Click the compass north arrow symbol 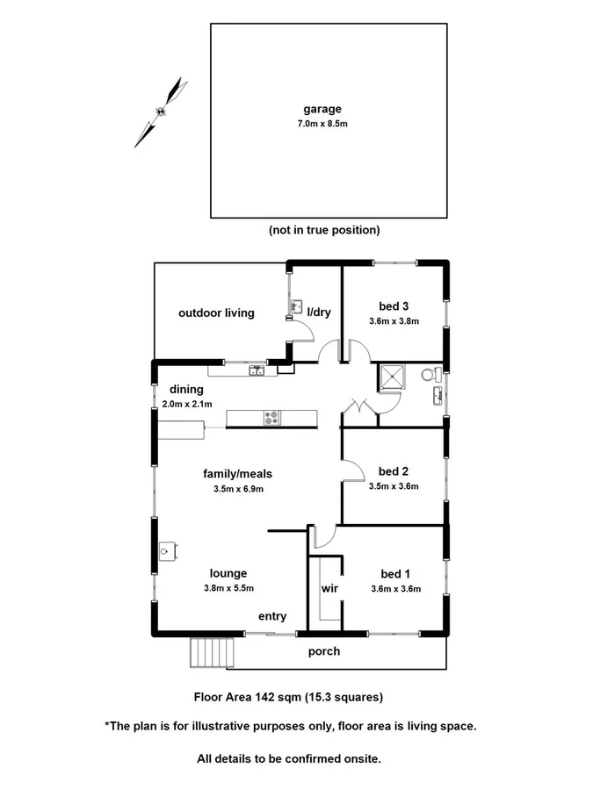pos(161,111)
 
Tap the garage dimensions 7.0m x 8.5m pos(322,125)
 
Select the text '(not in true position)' pos(324,230)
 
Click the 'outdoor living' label pos(216,312)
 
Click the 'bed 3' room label pos(394,306)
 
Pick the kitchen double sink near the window pos(257,370)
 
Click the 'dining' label pos(186,390)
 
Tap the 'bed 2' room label pos(394,470)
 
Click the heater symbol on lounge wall pos(168,551)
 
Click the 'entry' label pos(271,617)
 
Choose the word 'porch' pos(323,651)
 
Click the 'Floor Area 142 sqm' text pos(248,698)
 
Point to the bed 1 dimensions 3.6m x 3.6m pos(394,589)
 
